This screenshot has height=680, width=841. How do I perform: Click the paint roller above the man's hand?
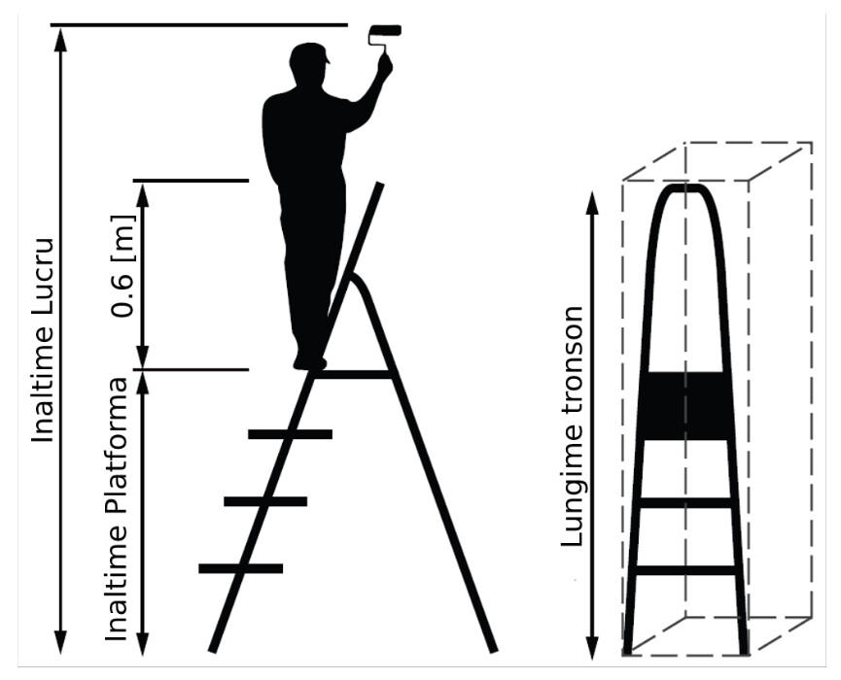[385, 31]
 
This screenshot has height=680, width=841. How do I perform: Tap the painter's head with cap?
[309, 63]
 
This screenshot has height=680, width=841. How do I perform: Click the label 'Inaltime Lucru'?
[43, 341]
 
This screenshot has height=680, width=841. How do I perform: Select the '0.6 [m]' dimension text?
[123, 266]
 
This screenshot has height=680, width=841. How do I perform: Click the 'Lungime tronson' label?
[572, 426]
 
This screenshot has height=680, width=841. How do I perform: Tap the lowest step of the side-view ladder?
[240, 568]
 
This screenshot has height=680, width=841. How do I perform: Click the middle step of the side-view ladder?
[265, 501]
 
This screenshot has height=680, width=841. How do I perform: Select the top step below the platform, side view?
[290, 434]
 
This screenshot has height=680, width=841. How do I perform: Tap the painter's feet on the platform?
[309, 362]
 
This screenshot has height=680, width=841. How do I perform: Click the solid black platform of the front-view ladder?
[684, 406]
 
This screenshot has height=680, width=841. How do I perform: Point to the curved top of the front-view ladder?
[684, 188]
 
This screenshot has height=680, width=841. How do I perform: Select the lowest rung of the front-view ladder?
[684, 570]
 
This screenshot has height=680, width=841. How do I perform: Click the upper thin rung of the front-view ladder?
[684, 503]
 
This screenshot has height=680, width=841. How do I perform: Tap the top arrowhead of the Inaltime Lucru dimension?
[61, 39]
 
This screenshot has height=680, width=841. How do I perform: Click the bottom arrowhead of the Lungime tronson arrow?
[591, 648]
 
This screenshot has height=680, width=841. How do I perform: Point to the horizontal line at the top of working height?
[199, 24]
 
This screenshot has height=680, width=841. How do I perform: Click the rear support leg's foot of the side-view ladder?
[492, 647]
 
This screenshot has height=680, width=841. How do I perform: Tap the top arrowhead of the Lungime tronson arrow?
[591, 203]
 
